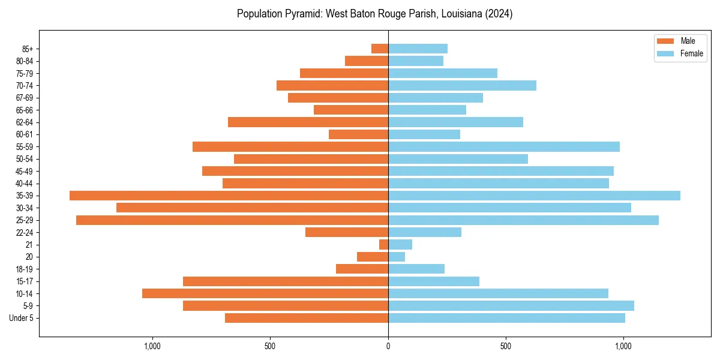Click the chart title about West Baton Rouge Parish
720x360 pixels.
374,14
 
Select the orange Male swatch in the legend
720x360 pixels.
665,41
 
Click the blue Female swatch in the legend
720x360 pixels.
665,53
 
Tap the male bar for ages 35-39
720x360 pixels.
229,196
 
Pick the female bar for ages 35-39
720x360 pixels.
534,196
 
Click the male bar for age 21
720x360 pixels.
384,245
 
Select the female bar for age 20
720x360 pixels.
397,257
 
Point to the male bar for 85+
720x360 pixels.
380,49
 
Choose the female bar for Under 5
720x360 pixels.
506,318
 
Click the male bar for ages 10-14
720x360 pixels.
265,293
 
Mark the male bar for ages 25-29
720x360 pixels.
232,220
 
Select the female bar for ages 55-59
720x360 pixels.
504,147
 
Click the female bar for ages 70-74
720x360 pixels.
462,86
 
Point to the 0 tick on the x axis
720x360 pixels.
388,346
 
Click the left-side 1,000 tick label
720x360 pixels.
152,346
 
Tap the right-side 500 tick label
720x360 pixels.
506,346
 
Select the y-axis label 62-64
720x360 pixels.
25,122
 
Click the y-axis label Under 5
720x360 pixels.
21,318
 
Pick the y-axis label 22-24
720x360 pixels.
25,233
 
